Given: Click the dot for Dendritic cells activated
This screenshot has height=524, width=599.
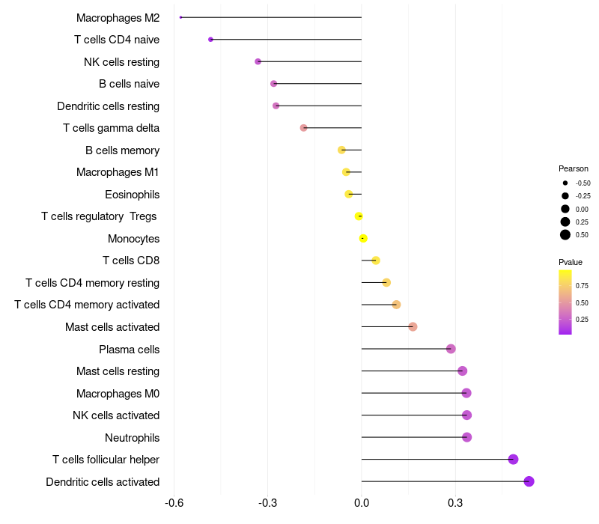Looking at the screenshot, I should click(x=529, y=481).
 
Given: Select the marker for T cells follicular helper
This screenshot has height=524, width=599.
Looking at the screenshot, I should click(x=513, y=459).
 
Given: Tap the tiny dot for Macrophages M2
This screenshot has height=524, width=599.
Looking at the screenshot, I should click(x=180, y=17).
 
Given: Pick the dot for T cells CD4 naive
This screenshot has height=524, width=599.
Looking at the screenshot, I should click(x=210, y=39).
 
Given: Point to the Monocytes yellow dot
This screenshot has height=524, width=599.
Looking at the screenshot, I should click(x=363, y=238).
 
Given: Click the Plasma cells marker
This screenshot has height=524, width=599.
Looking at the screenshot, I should click(x=451, y=349).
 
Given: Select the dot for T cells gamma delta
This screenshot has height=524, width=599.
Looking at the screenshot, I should click(x=303, y=128).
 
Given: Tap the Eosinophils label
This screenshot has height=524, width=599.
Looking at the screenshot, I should click(x=132, y=195).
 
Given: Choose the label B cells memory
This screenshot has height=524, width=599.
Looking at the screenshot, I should click(x=122, y=150).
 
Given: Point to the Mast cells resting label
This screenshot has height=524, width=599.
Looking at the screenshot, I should click(x=118, y=371).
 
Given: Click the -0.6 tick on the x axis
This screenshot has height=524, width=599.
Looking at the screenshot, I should click(x=174, y=503).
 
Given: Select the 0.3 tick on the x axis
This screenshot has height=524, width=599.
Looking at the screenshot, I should click(x=455, y=503).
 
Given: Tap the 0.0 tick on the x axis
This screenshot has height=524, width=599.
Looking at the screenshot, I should click(x=362, y=503).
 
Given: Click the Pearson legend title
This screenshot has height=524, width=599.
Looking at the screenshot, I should click(x=574, y=168).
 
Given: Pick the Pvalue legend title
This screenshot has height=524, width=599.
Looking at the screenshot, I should click(x=571, y=262).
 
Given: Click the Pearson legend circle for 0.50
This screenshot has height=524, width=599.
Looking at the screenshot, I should click(x=565, y=235).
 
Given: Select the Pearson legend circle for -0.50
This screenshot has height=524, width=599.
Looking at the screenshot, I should click(x=565, y=183).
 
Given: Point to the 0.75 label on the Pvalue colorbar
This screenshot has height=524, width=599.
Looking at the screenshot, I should click(x=582, y=286).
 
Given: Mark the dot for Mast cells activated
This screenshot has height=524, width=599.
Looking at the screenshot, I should click(x=413, y=326).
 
